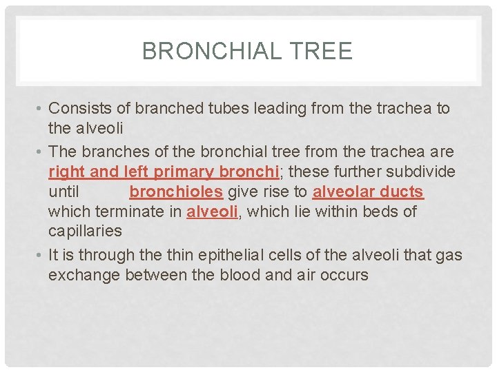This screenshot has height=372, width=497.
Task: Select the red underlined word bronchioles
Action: click(x=176, y=192)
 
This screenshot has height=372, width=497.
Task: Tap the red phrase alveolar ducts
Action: click(x=368, y=192)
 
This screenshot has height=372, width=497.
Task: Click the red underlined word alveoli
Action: click(x=212, y=211)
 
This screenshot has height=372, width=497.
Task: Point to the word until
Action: click(x=64, y=192)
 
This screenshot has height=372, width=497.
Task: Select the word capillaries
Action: click(x=85, y=231)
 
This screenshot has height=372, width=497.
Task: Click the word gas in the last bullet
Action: click(x=448, y=256)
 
